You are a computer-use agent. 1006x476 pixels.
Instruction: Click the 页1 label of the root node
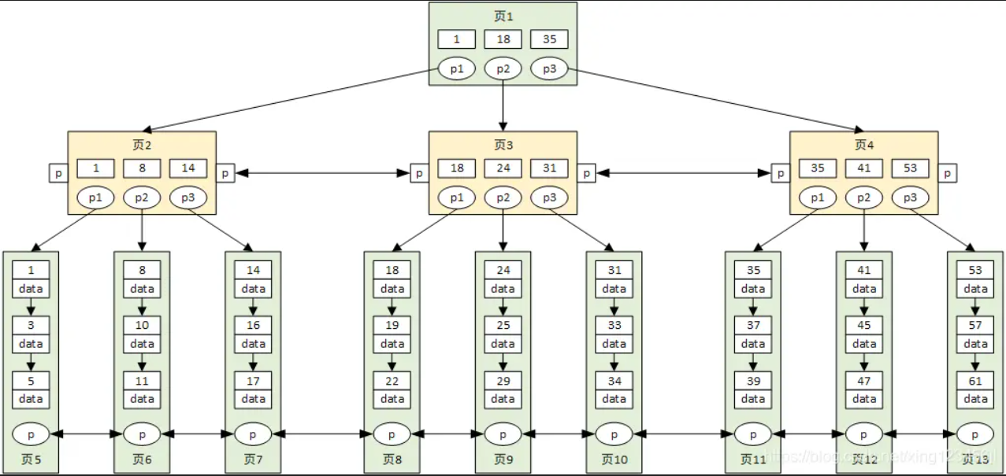tap(503, 17)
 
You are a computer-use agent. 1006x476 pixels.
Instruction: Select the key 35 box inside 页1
tap(549, 39)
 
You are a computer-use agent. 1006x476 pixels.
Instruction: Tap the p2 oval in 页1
tap(503, 69)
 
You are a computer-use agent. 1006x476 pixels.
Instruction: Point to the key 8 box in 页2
tap(142, 168)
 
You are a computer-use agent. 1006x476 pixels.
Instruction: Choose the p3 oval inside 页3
tap(549, 198)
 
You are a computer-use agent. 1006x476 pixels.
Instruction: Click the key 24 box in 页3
tap(503, 168)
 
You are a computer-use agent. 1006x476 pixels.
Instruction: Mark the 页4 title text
tap(864, 145)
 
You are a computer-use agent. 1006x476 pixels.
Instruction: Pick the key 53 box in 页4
tap(910, 168)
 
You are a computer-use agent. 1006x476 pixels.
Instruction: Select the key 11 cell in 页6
tap(142, 381)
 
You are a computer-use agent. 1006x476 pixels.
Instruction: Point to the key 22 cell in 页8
tap(392, 381)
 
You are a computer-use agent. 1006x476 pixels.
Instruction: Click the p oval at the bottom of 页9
tap(503, 434)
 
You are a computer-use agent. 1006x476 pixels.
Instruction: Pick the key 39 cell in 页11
tap(752, 381)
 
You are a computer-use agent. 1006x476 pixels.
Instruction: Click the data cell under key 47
tap(864, 399)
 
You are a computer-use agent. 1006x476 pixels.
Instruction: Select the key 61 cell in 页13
tap(975, 381)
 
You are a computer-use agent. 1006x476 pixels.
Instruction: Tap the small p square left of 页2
tap(58, 173)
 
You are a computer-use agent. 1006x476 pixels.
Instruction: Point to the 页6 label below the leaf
tap(142, 459)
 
